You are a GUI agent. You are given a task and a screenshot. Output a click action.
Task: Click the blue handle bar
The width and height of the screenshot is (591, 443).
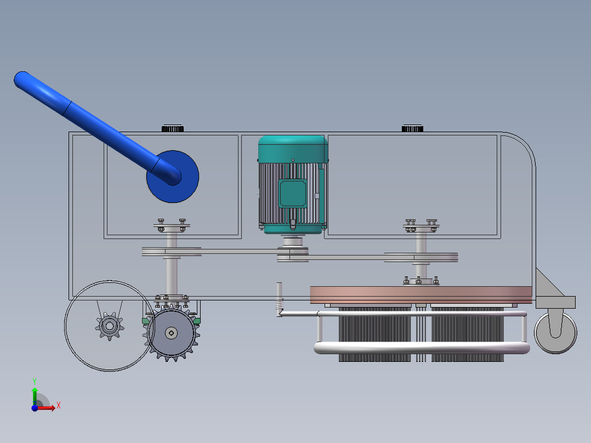[x=97, y=128]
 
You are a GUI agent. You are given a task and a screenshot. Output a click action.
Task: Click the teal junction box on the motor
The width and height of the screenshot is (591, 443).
[x=293, y=194]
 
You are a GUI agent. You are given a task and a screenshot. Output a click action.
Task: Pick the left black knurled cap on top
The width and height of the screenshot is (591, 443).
[x=173, y=128]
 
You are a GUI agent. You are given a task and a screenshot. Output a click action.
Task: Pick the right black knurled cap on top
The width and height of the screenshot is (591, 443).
[x=412, y=128]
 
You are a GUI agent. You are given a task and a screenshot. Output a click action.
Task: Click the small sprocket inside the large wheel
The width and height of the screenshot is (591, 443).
[x=110, y=326]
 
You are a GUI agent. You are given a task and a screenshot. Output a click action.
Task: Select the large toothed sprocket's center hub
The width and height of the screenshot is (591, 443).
[x=172, y=333]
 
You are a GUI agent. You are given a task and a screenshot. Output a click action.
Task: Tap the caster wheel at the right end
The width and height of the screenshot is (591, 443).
[x=555, y=333]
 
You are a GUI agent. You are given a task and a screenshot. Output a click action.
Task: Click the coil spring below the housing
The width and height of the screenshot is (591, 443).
[x=279, y=304]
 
